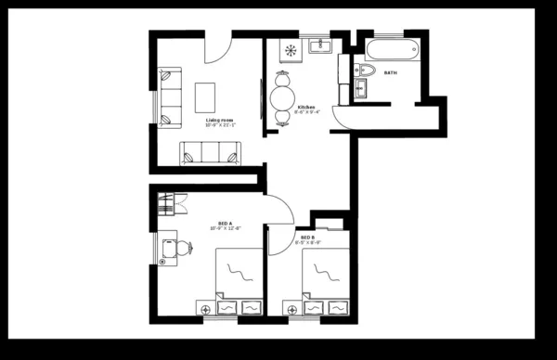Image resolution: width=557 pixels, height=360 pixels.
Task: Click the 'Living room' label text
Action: pos(219,118)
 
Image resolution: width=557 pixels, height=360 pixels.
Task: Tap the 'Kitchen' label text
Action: pos(306,108)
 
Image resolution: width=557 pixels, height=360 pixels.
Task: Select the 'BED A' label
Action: pos(225,223)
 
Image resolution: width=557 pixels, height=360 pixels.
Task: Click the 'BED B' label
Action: pos(305,238)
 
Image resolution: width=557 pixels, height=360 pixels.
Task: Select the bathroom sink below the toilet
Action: pos(361,90)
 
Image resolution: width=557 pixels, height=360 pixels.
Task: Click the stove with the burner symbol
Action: pos(291,49)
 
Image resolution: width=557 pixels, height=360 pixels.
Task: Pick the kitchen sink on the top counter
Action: pos(322,44)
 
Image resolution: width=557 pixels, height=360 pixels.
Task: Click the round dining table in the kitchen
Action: pos(283,95)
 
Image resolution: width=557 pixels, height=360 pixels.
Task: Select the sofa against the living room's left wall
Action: pos(170,96)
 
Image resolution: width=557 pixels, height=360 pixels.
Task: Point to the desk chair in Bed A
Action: pos(183,247)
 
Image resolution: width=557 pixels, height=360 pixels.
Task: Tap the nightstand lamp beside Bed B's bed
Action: pos(287,307)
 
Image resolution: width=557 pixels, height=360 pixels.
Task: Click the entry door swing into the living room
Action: pos(220,48)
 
